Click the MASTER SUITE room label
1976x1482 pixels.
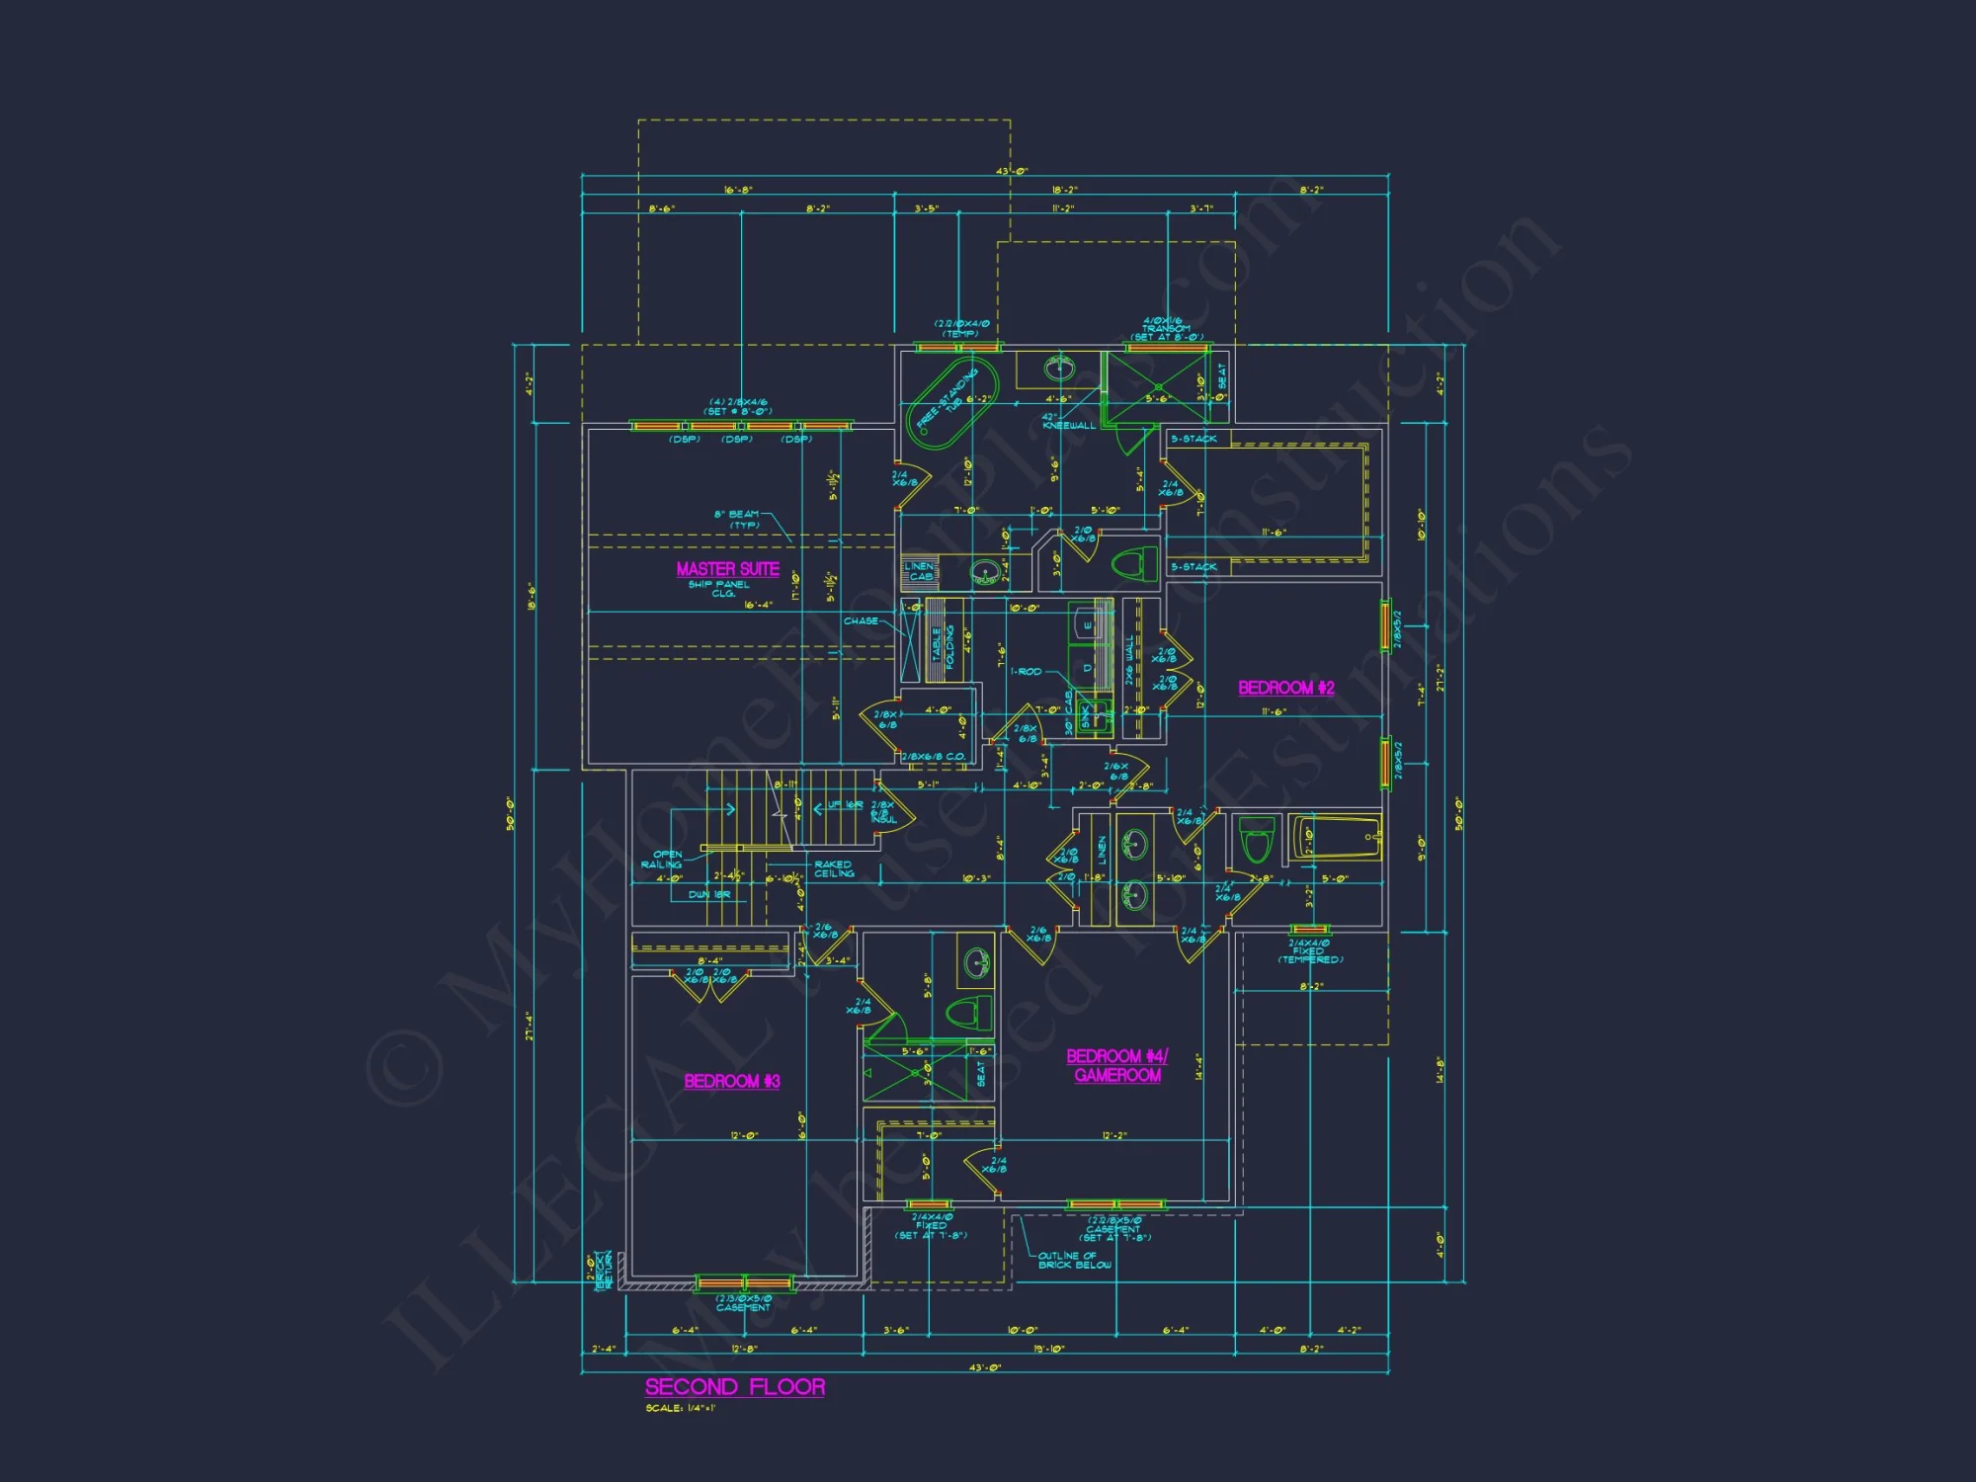pos(727,569)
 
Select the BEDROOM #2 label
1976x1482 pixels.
pos(1285,688)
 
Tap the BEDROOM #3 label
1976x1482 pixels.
pos(732,1081)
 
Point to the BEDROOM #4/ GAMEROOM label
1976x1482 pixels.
pos(1117,1066)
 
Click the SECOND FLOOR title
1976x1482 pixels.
pos(734,1387)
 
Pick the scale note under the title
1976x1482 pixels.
pos(680,1408)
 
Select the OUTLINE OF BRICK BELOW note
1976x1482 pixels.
pos(1074,1260)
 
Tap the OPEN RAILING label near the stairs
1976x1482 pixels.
pos(664,859)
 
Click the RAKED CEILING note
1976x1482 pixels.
pos(834,868)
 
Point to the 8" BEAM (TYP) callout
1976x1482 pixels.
pos(738,519)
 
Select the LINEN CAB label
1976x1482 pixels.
pos(919,571)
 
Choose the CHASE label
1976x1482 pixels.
pos(861,621)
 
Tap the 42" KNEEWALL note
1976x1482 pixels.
pos(1068,421)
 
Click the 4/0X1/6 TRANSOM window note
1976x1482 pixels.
pos(1166,328)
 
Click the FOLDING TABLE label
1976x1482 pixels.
pos(943,647)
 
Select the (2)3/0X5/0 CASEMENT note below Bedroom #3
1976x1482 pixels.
pos(743,1303)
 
